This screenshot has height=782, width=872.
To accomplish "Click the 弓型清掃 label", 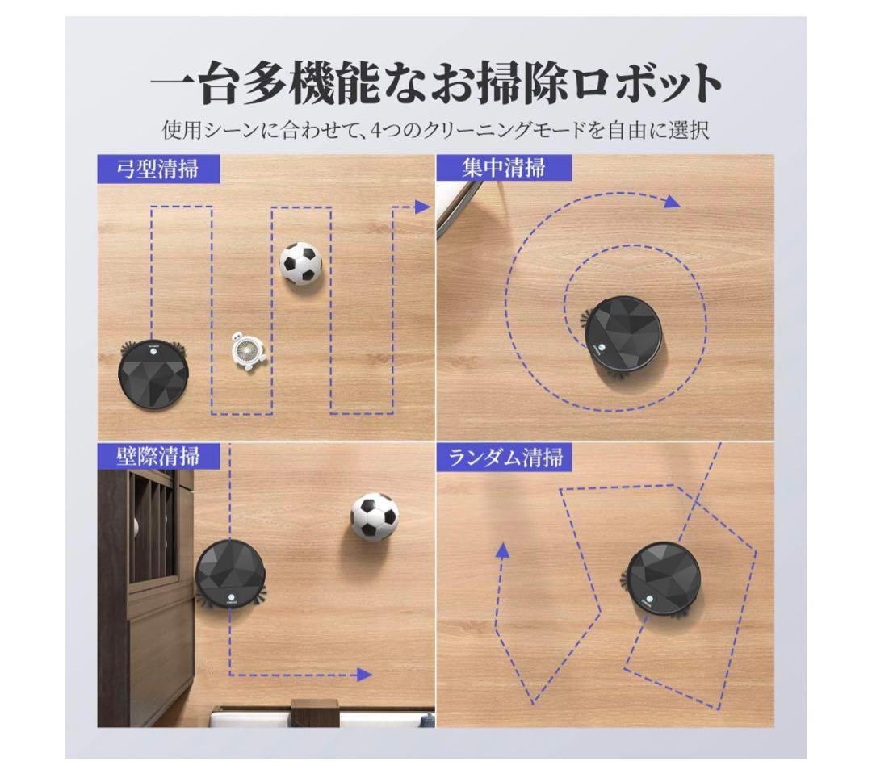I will (x=157, y=169).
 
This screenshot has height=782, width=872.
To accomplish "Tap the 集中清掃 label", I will (x=504, y=168).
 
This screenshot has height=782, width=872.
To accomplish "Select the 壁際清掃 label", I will (x=157, y=455).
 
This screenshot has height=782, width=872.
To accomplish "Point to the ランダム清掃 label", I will (x=505, y=457).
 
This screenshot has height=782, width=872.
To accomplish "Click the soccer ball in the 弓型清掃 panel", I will (x=300, y=262).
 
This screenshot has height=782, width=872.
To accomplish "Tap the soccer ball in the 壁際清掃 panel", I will (x=375, y=516).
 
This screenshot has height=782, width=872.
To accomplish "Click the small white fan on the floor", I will (x=246, y=353).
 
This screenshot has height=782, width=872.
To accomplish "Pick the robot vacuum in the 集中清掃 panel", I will (x=623, y=336).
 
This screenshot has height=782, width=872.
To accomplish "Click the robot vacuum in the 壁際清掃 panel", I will (x=232, y=575).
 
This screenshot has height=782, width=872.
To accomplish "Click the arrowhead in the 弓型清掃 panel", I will (x=421, y=207).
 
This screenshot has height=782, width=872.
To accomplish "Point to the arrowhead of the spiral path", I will (x=671, y=202).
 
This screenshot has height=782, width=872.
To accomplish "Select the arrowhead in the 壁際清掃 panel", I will (x=365, y=675).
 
